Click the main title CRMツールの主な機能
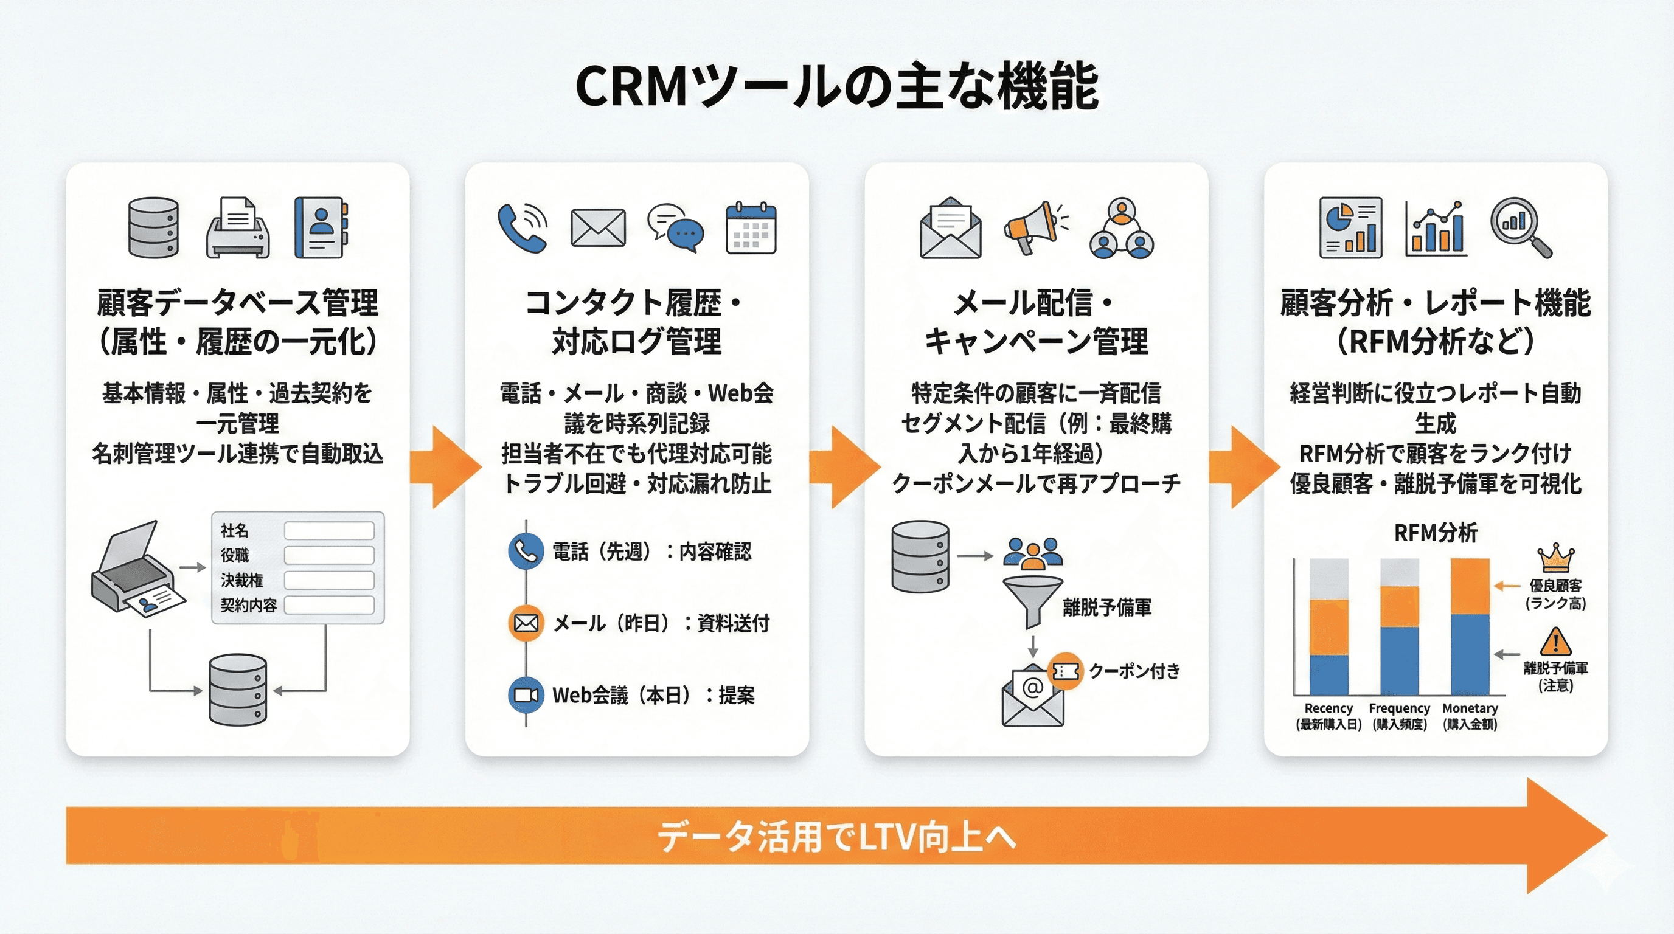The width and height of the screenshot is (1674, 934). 836,86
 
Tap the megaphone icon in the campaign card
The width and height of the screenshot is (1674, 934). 1033,227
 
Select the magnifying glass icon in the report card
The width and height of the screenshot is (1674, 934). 1519,227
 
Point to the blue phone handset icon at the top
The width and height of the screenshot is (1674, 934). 522,228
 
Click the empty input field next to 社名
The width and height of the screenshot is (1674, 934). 329,531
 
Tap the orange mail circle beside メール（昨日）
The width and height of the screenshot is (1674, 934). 525,623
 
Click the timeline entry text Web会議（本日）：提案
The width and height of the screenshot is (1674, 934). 653,696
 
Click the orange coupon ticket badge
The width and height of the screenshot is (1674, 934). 1065,671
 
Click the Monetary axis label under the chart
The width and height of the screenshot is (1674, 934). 1470,708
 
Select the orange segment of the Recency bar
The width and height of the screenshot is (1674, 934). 1328,627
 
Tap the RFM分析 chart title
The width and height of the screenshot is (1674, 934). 1436,533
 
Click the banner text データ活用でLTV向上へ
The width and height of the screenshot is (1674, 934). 836,836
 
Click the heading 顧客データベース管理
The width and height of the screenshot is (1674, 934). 237,303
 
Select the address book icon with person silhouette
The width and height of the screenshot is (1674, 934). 321,227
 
